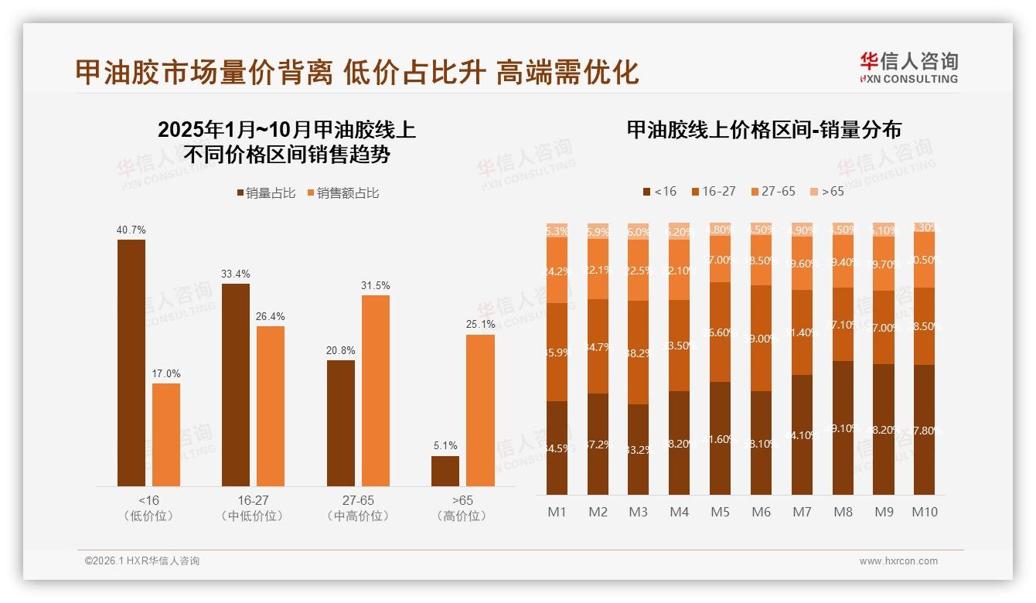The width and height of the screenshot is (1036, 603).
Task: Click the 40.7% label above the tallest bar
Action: pyautogui.click(x=131, y=230)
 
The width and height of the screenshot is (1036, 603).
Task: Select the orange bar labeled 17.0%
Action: pyautogui.click(x=166, y=434)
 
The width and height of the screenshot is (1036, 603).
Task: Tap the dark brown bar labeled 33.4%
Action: pyautogui.click(x=236, y=385)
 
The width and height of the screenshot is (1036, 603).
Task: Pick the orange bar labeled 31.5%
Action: pyautogui.click(x=375, y=390)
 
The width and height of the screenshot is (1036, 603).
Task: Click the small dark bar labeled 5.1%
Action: pyautogui.click(x=445, y=471)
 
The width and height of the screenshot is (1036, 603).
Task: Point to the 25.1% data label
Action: pyautogui.click(x=480, y=324)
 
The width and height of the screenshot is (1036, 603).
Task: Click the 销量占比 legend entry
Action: pyautogui.click(x=266, y=193)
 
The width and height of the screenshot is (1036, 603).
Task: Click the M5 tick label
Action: pyautogui.click(x=720, y=512)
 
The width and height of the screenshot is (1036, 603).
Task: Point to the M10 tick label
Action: pyautogui.click(x=924, y=512)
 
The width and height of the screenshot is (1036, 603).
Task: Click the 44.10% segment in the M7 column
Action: pyautogui.click(x=803, y=434)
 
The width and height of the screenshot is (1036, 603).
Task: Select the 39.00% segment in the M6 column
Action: pyautogui.click(x=762, y=339)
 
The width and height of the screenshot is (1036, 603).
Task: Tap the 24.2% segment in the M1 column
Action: pyautogui.click(x=557, y=271)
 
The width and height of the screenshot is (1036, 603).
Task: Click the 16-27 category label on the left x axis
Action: pyautogui.click(x=252, y=501)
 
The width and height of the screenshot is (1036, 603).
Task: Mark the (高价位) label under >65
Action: pyautogui.click(x=462, y=516)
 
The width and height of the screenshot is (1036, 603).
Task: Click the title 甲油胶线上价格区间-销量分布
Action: pyautogui.click(x=764, y=130)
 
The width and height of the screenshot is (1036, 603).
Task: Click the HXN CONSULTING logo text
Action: pyautogui.click(x=908, y=79)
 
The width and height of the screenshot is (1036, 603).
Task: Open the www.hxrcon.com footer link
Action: pyautogui.click(x=898, y=561)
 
